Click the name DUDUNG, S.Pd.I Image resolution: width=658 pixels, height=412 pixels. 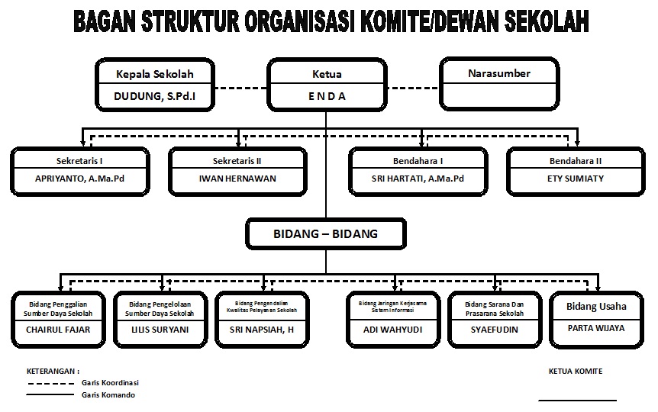[x=153, y=96]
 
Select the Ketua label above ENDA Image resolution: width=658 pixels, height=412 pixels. [x=327, y=74]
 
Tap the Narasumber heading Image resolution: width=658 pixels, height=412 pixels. [x=498, y=73]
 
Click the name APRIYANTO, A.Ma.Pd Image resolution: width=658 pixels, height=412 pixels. [x=79, y=179]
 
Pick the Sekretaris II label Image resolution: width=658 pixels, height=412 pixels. [x=237, y=160]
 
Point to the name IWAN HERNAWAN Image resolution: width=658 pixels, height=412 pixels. [x=237, y=179]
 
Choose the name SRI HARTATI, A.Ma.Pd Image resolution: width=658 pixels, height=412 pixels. [x=418, y=179]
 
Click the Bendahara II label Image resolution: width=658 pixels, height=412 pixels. [x=576, y=160]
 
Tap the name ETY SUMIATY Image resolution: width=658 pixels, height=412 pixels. [x=576, y=179]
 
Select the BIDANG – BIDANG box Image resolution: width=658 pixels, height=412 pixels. [x=326, y=233]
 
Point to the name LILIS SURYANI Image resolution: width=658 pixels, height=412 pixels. [x=160, y=330]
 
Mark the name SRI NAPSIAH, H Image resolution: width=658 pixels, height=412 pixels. [x=262, y=330]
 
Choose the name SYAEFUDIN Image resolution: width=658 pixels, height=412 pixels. [x=495, y=330]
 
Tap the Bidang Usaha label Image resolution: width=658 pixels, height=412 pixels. [x=596, y=306]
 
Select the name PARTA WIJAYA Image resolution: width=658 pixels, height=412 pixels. [x=596, y=328]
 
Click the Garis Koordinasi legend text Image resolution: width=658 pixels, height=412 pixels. [x=110, y=382]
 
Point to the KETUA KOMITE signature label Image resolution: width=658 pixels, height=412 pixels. [x=576, y=372]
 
